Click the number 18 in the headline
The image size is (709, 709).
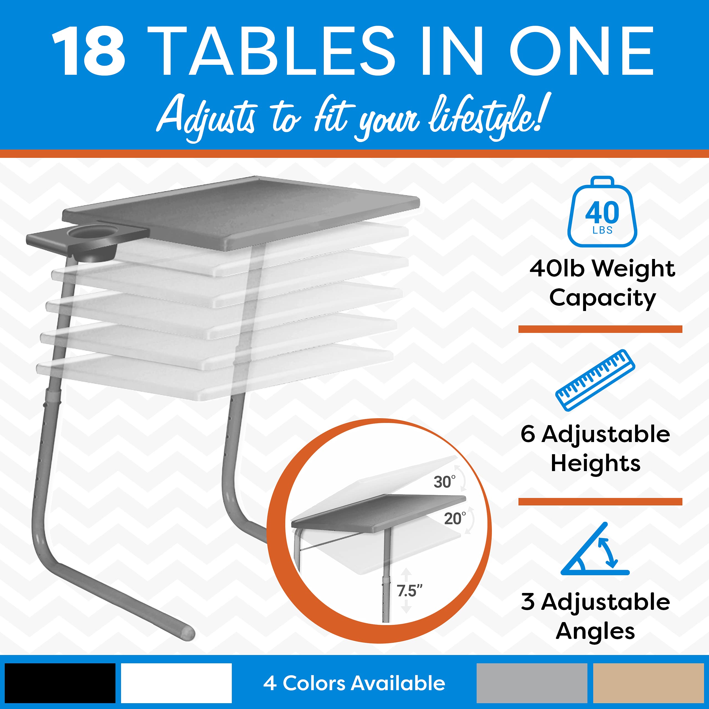89,52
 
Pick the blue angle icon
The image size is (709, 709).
595,551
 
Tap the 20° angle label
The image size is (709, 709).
455,518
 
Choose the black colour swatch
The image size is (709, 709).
60,683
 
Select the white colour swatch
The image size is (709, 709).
176,683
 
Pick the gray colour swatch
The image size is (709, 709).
532,683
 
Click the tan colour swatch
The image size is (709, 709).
648,683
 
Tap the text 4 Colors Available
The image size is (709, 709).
354,683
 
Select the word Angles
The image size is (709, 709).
595,631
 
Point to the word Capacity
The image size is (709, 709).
602,298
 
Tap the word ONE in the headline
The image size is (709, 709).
582,52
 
